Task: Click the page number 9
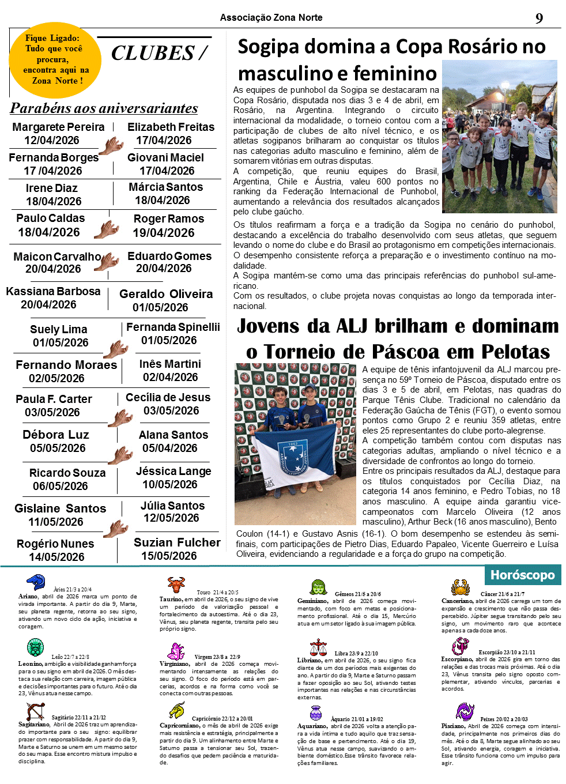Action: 539,18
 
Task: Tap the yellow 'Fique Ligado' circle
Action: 55,60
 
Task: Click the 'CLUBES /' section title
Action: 159,53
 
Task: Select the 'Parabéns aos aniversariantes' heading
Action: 104,108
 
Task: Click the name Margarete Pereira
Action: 58,127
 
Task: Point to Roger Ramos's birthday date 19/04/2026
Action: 164,233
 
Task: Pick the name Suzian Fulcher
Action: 177,542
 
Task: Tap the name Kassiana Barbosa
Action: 53,291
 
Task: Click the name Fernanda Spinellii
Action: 173,327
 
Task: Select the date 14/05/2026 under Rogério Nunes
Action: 56,557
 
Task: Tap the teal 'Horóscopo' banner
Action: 522,575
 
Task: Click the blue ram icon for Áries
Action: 36,582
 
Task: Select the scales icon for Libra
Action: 318,647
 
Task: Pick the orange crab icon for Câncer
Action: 460,587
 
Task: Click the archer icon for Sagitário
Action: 35,712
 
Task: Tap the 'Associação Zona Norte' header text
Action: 271,18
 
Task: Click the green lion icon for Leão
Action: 35,647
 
